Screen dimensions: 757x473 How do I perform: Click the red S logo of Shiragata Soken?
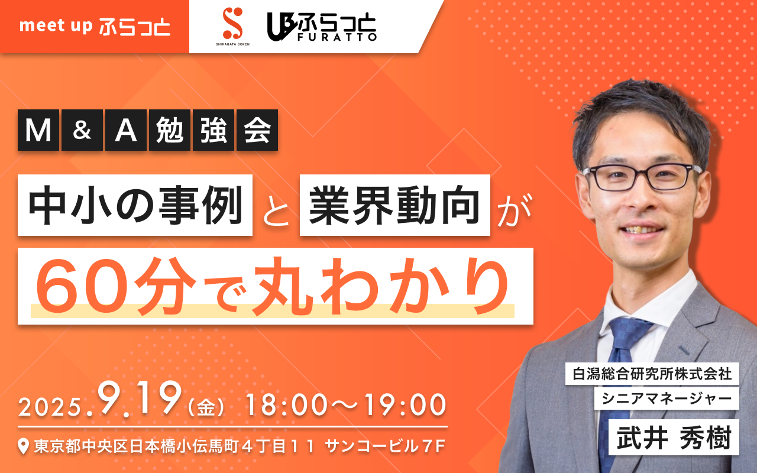pyautogui.click(x=233, y=23)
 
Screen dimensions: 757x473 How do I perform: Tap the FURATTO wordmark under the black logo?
pyautogui.click(x=337, y=37)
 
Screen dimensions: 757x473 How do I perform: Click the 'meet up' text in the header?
pyautogui.click(x=56, y=26)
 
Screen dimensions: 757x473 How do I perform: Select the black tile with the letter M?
pyautogui.click(x=38, y=130)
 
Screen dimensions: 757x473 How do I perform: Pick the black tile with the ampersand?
pyautogui.click(x=82, y=130)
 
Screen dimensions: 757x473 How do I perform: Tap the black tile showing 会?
pyautogui.click(x=257, y=130)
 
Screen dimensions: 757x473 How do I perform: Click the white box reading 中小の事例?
pyautogui.click(x=135, y=205)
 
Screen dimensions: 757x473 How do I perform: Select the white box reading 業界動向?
pyautogui.click(x=395, y=205)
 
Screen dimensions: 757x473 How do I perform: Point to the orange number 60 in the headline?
pyautogui.click(x=83, y=287)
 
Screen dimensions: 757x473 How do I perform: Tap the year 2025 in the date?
pyautogui.click(x=51, y=407)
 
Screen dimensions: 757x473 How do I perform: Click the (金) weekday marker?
pyautogui.click(x=206, y=407)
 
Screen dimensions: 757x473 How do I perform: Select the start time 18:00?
pyautogui.click(x=287, y=405)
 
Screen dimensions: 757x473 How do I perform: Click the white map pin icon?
pyautogui.click(x=23, y=446)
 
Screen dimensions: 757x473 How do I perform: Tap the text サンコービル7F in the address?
pyautogui.click(x=385, y=446)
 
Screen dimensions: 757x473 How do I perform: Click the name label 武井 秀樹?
pyautogui.click(x=674, y=437)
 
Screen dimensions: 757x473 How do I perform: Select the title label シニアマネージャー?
pyautogui.click(x=667, y=399)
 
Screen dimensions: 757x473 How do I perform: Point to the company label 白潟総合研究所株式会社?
pyautogui.click(x=652, y=374)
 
